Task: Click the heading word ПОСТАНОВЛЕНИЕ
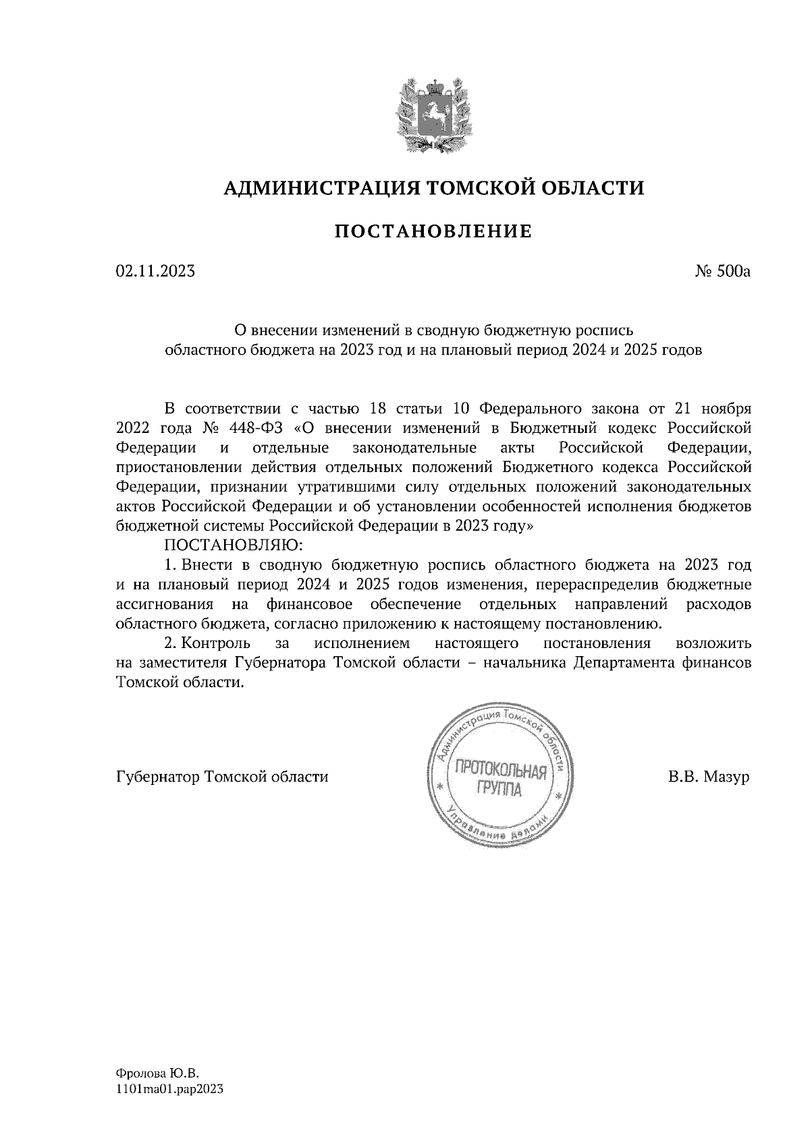(434, 233)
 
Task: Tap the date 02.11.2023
(156, 272)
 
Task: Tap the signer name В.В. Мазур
(709, 777)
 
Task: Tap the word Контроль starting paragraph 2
(217, 643)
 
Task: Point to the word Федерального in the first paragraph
(530, 409)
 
